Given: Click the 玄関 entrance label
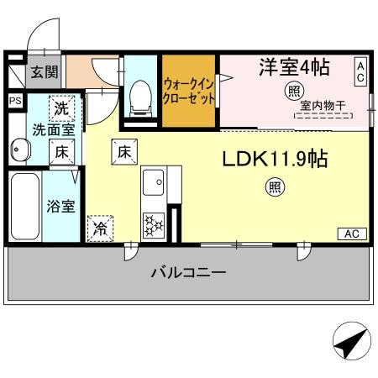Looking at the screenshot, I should (45, 72).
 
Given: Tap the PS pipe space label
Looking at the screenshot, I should (14, 101).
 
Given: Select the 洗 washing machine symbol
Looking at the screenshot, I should (62, 108).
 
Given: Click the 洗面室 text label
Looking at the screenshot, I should (54, 130).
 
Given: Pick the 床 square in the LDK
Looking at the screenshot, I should (123, 153).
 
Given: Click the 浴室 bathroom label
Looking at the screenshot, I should (60, 206).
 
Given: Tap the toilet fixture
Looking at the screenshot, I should (140, 94).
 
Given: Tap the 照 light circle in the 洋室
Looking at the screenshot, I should (294, 91).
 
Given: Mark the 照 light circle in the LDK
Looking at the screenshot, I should (276, 188).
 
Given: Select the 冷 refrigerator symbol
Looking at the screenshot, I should (100, 226).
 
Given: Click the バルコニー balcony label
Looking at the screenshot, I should (188, 272).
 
